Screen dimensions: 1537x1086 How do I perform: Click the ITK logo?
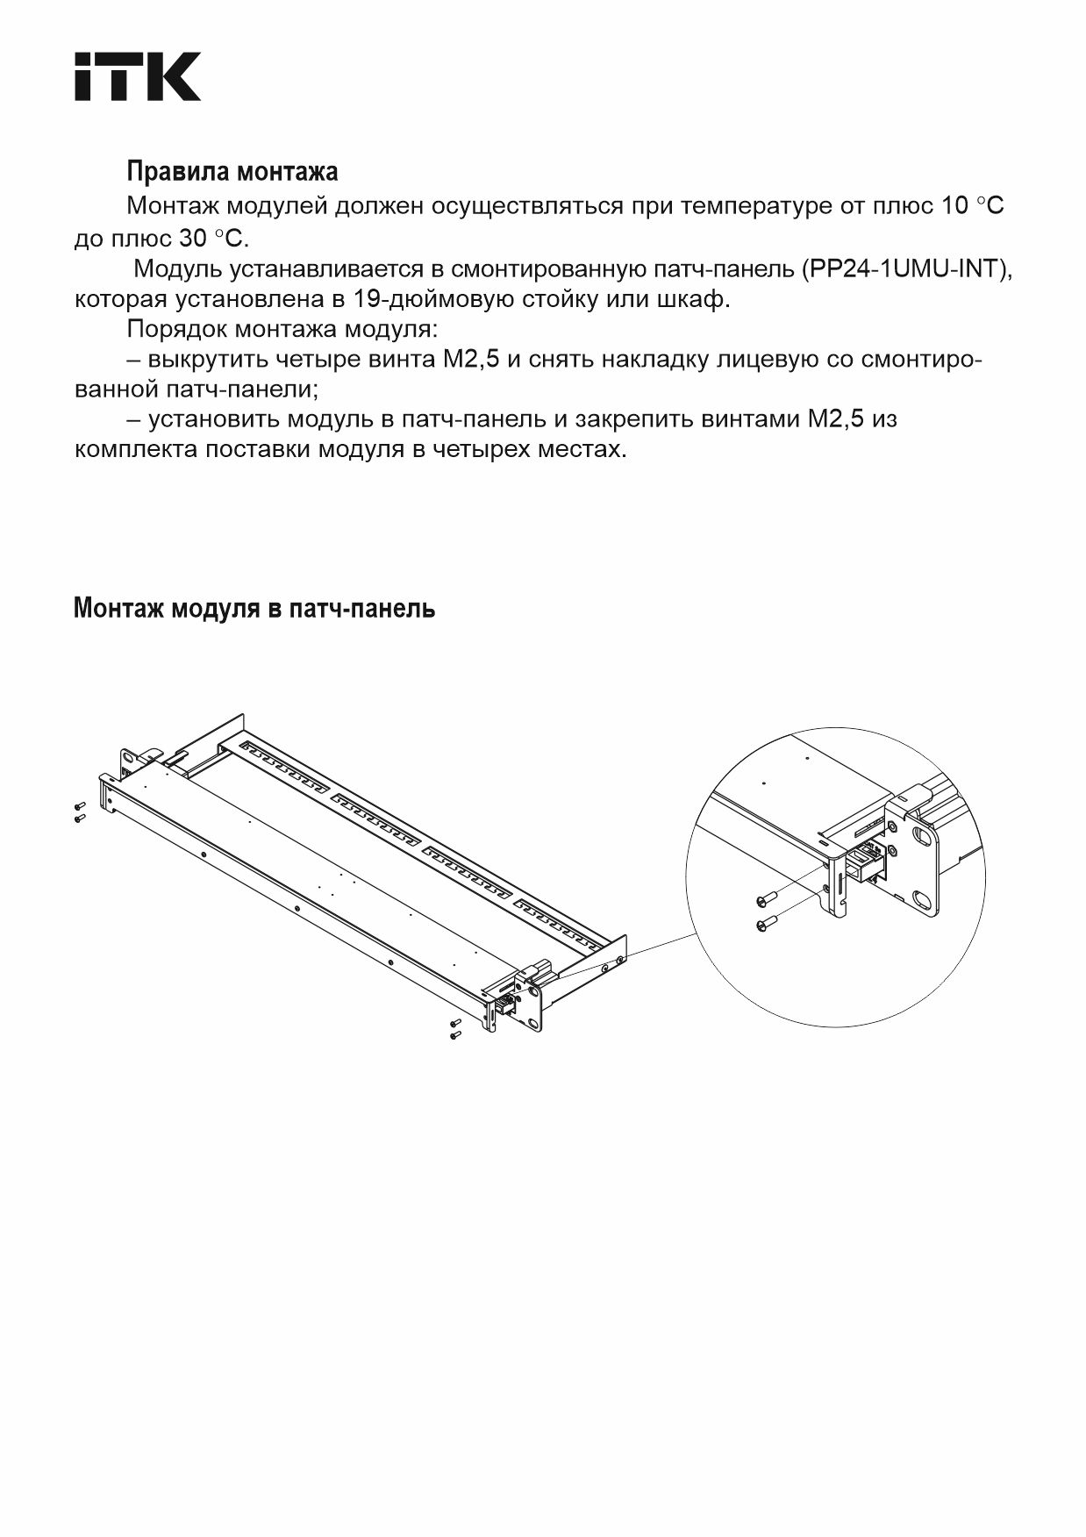137,76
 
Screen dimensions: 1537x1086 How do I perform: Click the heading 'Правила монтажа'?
232,170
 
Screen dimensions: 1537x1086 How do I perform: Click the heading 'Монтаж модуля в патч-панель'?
254,608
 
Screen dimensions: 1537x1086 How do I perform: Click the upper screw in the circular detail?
766,899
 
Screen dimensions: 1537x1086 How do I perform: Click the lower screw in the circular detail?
766,923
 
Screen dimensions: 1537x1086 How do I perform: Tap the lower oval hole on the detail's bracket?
921,898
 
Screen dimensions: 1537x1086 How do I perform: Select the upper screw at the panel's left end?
79,805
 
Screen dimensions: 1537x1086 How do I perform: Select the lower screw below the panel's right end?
454,1035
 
